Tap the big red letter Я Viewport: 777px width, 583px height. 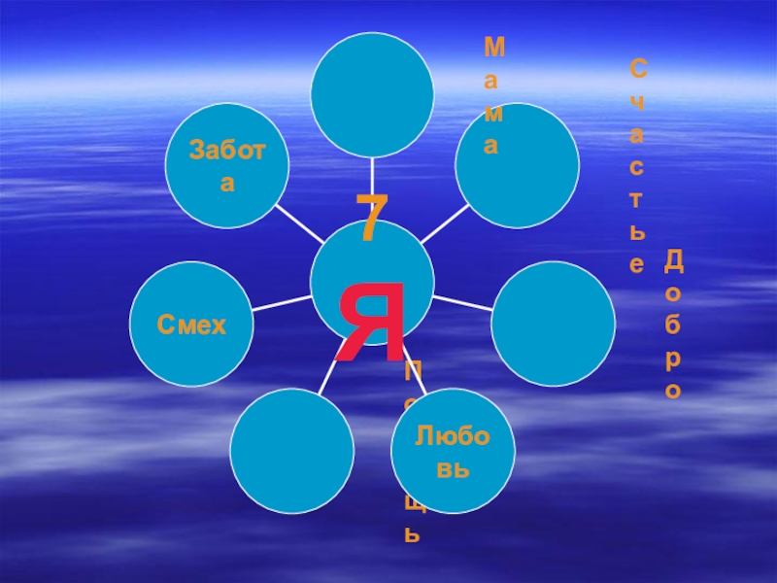[x=370, y=322]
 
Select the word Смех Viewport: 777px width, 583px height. [x=192, y=325]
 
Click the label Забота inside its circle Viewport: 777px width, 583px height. [x=226, y=165]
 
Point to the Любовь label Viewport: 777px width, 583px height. [x=453, y=452]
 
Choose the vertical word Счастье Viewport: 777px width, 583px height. [x=637, y=165]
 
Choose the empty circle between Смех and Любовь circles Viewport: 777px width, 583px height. [x=292, y=449]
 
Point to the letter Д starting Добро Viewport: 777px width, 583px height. [x=674, y=259]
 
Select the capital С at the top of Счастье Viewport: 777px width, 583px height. [x=637, y=68]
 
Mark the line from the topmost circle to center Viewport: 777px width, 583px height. [x=372, y=175]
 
